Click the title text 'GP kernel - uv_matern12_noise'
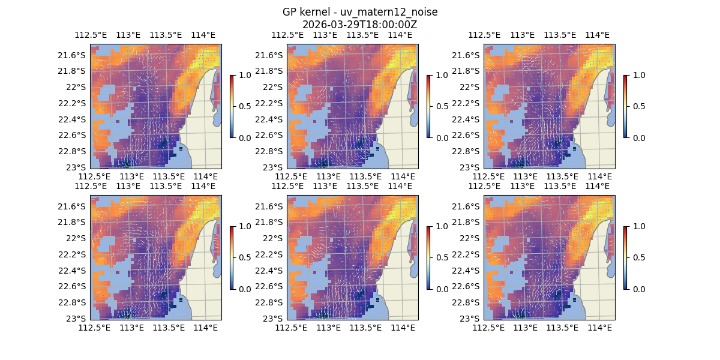click(360, 12)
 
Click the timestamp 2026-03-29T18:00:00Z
click(360, 25)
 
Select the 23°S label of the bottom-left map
click(78, 319)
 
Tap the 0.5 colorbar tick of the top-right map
click(638, 106)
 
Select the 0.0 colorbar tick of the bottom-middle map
click(441, 289)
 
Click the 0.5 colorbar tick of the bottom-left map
click(244, 257)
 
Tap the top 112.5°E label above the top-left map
click(90, 35)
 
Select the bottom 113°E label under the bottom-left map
click(131, 328)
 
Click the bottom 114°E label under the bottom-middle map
click(403, 328)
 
